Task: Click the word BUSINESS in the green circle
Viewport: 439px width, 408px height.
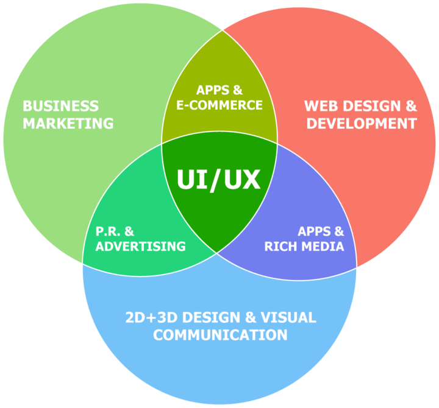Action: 61,107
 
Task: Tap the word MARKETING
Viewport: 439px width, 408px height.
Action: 68,124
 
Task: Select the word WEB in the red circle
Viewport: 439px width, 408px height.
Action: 321,107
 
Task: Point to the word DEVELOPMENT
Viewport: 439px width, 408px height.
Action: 362,124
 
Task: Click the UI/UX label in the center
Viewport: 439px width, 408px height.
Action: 219,180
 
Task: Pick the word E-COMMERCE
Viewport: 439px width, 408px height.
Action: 220,105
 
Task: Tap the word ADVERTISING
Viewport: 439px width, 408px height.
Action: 141,247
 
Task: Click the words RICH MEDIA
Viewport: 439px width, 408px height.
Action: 304,247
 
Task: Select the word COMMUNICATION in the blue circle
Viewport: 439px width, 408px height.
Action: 220,335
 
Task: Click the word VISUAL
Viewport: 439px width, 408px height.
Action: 288,317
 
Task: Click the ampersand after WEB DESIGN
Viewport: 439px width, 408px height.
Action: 411,107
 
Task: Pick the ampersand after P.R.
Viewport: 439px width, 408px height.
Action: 129,231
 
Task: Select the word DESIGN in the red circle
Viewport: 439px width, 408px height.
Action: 371,107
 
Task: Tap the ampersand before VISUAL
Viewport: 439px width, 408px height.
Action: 251,317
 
